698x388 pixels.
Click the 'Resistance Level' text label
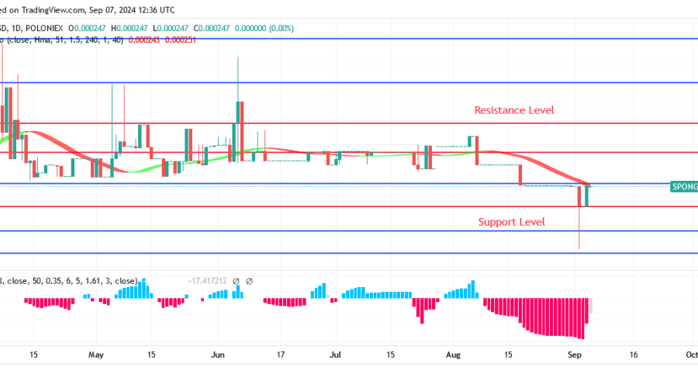pyautogui.click(x=514, y=110)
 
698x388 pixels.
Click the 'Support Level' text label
pyautogui.click(x=511, y=222)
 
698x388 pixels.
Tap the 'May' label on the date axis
pyautogui.click(x=95, y=354)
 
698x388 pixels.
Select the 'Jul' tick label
pyautogui.click(x=336, y=354)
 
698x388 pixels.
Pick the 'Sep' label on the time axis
pyautogui.click(x=575, y=354)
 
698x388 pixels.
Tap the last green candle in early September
pyautogui.click(x=587, y=196)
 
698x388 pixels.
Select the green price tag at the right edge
pyautogui.click(x=684, y=186)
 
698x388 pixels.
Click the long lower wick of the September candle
pyautogui.click(x=579, y=229)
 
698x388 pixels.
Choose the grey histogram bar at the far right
pyautogui.click(x=590, y=306)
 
